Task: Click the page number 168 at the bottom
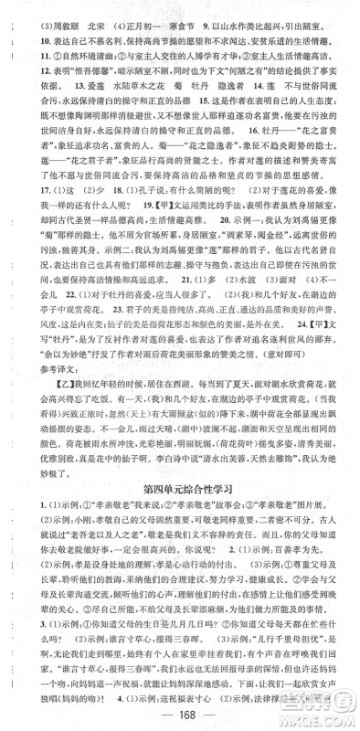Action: (x=179, y=713)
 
